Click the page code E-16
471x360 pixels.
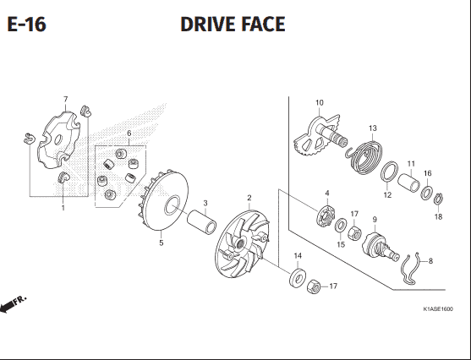(x=26, y=25)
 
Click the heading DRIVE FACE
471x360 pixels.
(x=233, y=25)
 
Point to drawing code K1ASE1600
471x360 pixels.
(x=446, y=309)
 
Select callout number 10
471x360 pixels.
(x=319, y=103)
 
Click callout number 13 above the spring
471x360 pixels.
(x=371, y=128)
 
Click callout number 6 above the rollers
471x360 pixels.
(x=129, y=134)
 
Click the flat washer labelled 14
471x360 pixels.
(x=298, y=276)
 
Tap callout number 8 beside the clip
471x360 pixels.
(x=430, y=261)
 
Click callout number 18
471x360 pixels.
(x=438, y=217)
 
